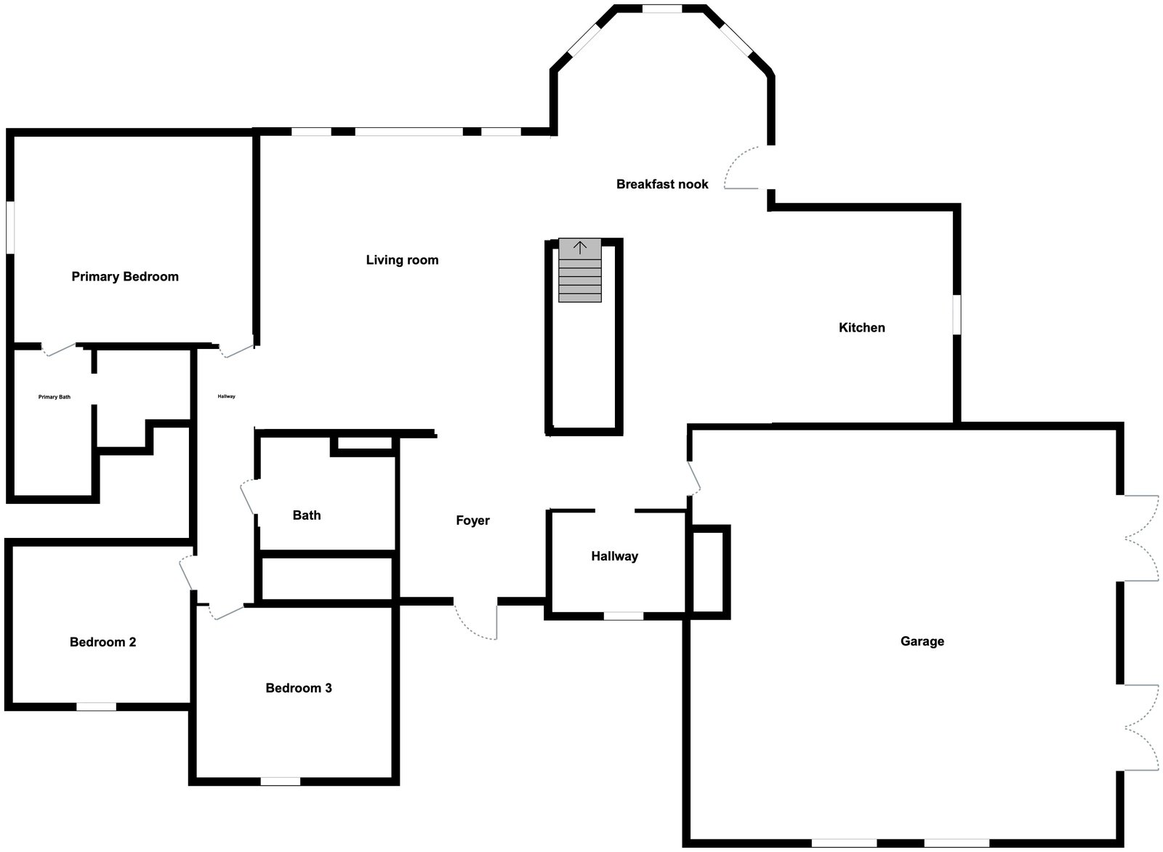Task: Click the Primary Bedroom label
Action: [125, 277]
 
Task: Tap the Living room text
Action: [403, 260]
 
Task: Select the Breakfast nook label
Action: [662, 185]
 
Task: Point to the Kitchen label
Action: [862, 328]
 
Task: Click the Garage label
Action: [922, 641]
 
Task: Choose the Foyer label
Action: [472, 521]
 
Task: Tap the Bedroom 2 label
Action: [102, 642]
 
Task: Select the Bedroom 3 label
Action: [299, 688]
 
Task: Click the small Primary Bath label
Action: [55, 397]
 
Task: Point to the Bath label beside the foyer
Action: [307, 515]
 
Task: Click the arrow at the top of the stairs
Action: [579, 248]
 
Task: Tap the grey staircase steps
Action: [580, 270]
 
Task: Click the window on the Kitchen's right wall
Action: [957, 316]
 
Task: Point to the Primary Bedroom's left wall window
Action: [10, 228]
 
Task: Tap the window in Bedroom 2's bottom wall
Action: [97, 707]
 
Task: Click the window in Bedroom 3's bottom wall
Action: [281, 781]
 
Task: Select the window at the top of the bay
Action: [662, 9]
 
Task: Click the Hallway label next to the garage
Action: [615, 557]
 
